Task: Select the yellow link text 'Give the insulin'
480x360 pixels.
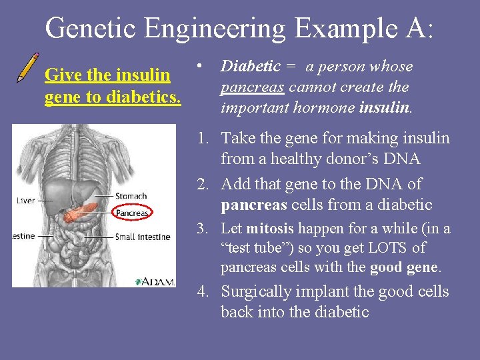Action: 107,75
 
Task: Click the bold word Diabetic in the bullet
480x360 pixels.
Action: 250,66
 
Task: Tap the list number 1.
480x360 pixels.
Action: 201,138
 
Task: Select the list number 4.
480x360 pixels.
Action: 201,292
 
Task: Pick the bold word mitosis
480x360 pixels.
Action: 269,229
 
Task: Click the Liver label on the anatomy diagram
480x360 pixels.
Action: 25,200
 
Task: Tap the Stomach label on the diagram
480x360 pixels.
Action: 131,196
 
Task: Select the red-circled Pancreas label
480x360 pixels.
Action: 132,213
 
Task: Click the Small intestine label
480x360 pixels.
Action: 143,237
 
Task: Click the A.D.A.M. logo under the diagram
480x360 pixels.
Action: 155,281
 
